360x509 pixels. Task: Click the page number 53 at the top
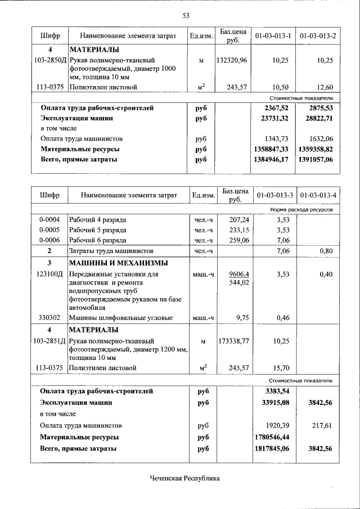click(x=185, y=15)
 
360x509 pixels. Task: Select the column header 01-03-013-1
click(x=273, y=36)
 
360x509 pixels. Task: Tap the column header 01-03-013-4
click(x=318, y=195)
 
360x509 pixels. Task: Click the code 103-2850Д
click(x=49, y=60)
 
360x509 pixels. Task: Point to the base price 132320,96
click(x=232, y=60)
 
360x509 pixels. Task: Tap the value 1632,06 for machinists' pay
click(x=321, y=138)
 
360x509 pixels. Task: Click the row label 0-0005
click(x=49, y=229)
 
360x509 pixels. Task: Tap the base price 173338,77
click(x=232, y=341)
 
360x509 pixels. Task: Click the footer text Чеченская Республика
click(x=184, y=479)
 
